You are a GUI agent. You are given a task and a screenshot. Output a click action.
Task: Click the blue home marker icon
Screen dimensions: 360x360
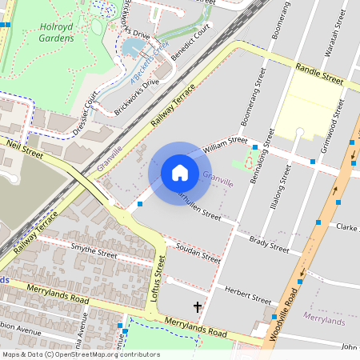pos(179,173)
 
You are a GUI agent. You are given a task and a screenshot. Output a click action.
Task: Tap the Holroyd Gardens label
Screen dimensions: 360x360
pos(62,31)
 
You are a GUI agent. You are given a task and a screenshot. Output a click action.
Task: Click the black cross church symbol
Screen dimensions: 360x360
pos(198,306)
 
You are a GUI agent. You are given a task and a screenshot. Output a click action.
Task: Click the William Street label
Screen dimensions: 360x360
pos(226,144)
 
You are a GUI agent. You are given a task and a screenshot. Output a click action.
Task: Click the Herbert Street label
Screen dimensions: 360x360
pos(248,294)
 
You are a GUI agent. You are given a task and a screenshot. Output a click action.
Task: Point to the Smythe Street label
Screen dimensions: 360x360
pos(94,253)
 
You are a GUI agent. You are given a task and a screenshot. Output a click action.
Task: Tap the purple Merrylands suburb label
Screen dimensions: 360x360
pos(324,321)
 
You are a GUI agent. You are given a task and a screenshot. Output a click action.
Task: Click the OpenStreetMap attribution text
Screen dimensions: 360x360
pos(80,354)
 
